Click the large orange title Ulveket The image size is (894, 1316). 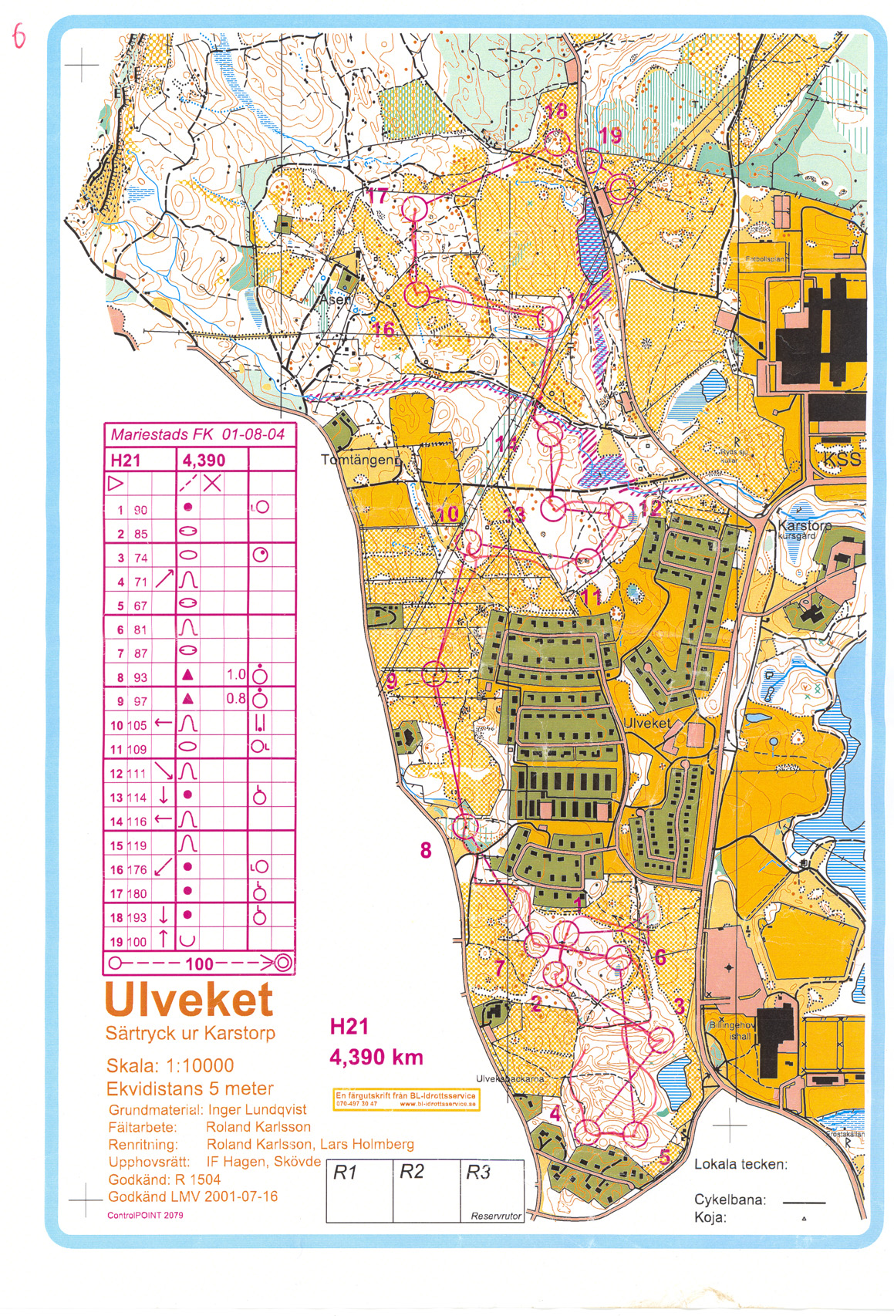189,1000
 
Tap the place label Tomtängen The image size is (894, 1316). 359,460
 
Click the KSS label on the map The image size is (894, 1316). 840,459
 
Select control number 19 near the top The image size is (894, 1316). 609,136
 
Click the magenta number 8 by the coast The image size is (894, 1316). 426,850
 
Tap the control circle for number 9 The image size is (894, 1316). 434,673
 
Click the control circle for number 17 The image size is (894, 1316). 415,208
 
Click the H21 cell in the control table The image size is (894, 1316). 127,461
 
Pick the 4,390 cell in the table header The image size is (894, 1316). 204,461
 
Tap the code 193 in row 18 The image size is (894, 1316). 137,918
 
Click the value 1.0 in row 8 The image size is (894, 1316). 236,674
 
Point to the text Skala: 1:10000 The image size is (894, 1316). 170,1066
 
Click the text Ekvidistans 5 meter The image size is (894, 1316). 190,1088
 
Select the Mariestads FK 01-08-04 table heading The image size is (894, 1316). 197,434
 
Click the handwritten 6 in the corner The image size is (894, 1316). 19,35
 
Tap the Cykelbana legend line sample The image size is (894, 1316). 804,1202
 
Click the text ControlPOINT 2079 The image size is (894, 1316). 145,1215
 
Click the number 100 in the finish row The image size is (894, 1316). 199,963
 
